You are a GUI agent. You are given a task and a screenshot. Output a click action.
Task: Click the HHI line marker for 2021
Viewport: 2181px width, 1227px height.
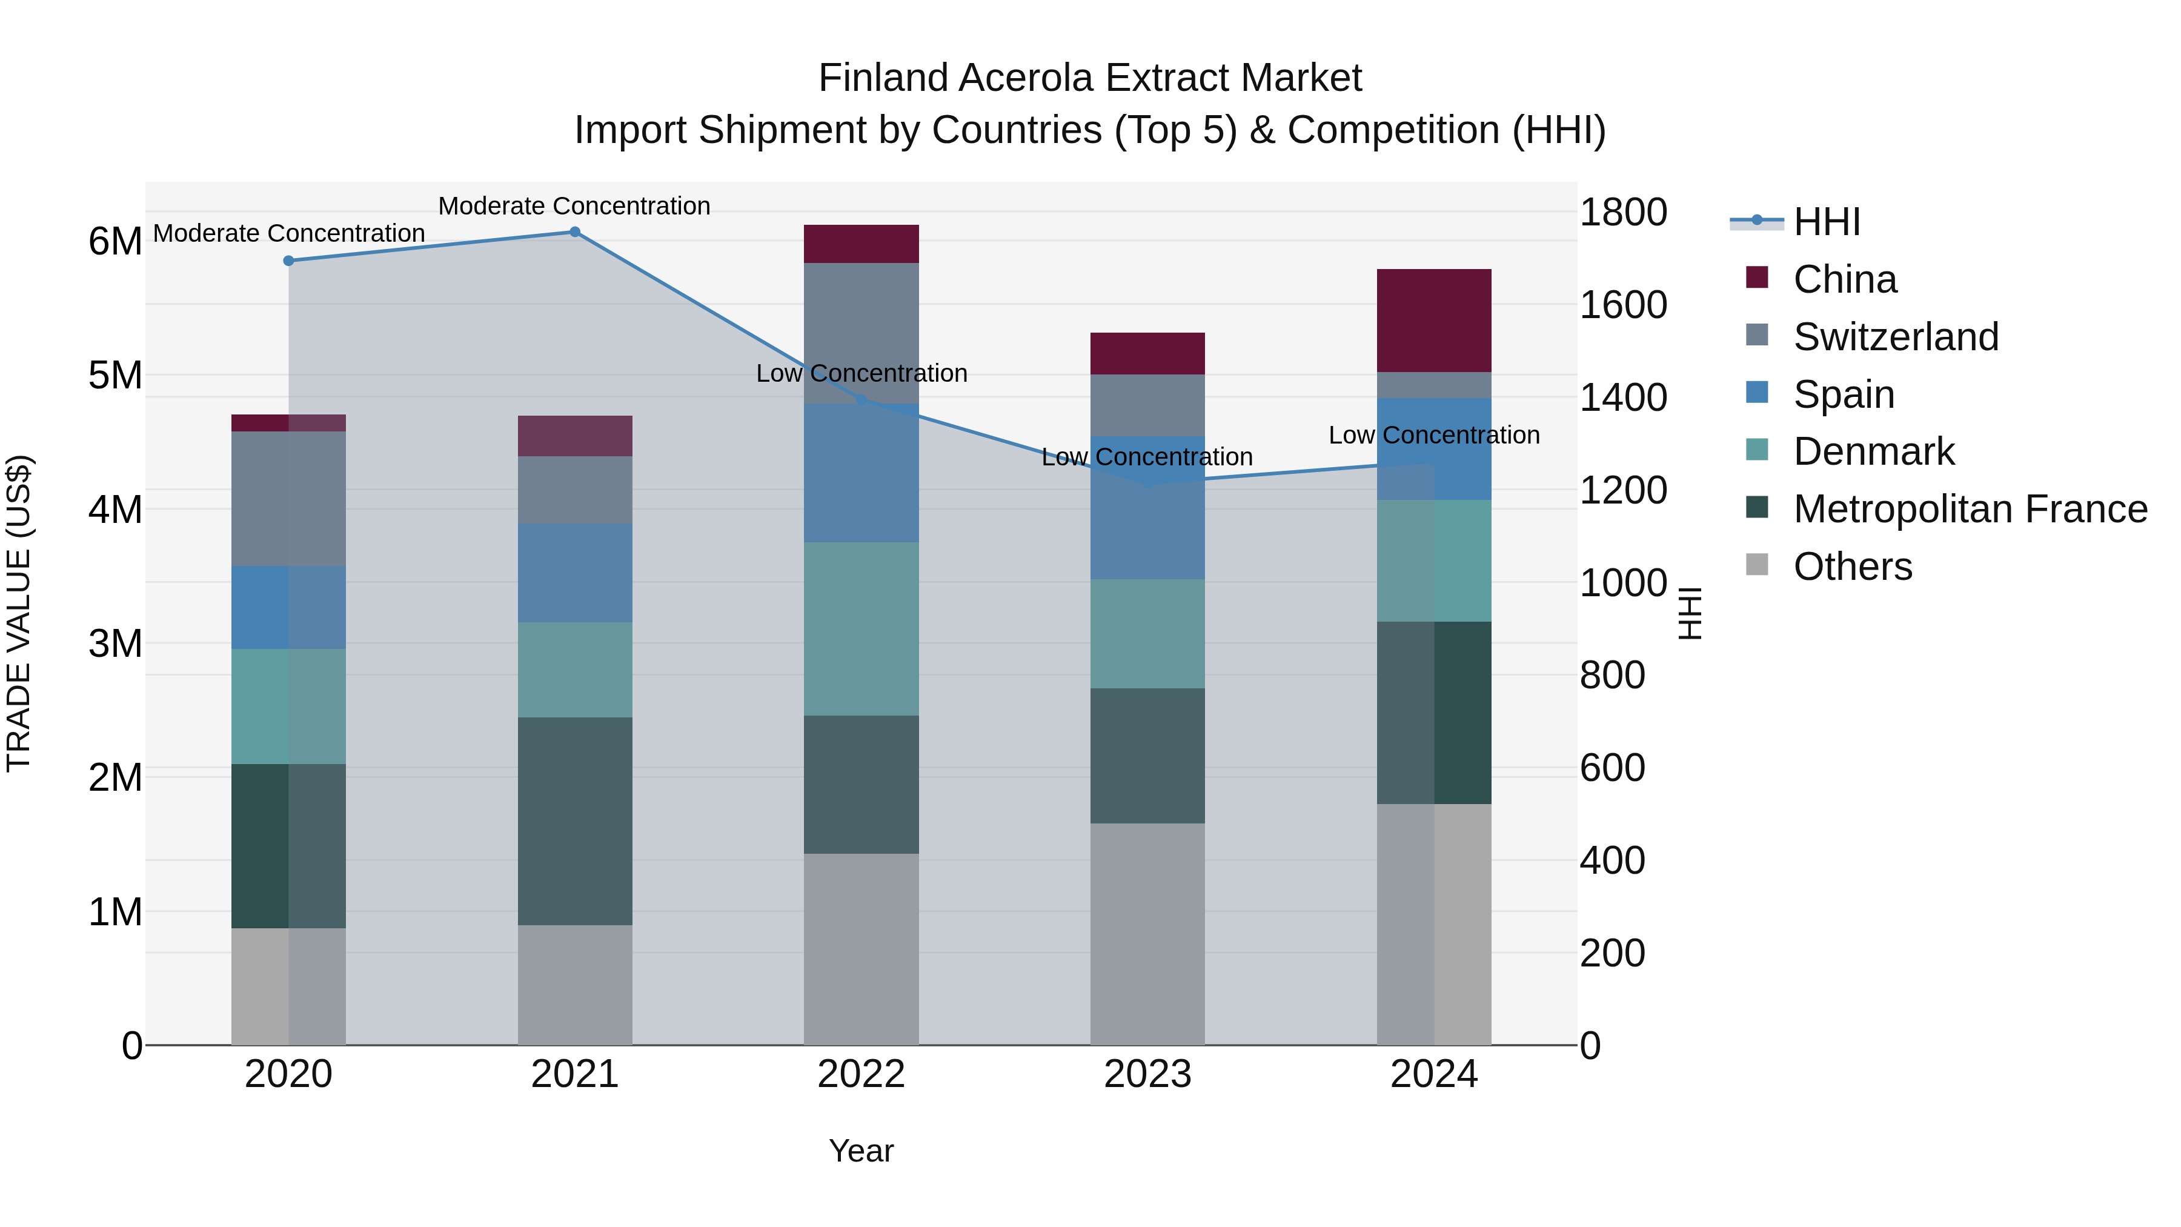pos(574,232)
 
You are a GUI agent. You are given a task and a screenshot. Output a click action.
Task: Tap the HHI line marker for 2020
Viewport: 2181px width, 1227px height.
pos(289,261)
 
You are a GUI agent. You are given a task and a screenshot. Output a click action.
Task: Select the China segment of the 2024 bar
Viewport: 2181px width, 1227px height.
pos(1433,321)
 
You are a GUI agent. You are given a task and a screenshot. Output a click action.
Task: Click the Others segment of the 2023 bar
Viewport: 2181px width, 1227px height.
pos(1147,933)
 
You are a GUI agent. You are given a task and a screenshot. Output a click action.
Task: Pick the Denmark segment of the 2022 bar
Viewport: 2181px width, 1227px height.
pos(861,629)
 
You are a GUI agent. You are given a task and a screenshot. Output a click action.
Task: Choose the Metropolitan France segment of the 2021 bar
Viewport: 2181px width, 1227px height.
pos(575,822)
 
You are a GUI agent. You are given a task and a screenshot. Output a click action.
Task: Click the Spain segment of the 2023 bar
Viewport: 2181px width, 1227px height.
pos(1147,508)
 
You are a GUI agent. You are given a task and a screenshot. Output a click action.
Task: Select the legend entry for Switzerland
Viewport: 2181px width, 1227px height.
pos(1895,337)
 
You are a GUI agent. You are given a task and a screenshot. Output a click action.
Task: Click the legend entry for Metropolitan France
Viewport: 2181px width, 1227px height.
pos(1970,509)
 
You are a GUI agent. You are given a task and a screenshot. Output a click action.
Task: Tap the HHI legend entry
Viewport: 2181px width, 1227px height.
pos(1825,222)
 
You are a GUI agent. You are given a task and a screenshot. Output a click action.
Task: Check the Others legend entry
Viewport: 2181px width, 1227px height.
pos(1851,567)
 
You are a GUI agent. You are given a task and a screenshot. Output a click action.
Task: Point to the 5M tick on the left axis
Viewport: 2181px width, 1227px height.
pos(116,375)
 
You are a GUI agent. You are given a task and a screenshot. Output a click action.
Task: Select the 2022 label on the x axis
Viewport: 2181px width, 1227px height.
pos(861,1074)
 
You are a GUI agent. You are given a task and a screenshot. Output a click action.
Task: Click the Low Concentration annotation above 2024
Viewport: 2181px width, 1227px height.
pos(1433,435)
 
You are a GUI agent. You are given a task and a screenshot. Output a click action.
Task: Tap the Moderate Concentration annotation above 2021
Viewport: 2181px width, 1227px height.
pos(574,206)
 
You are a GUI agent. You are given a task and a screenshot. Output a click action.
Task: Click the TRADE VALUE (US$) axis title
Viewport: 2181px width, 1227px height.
pos(19,613)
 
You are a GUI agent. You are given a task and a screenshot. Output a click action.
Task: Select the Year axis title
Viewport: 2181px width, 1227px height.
pos(861,1151)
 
